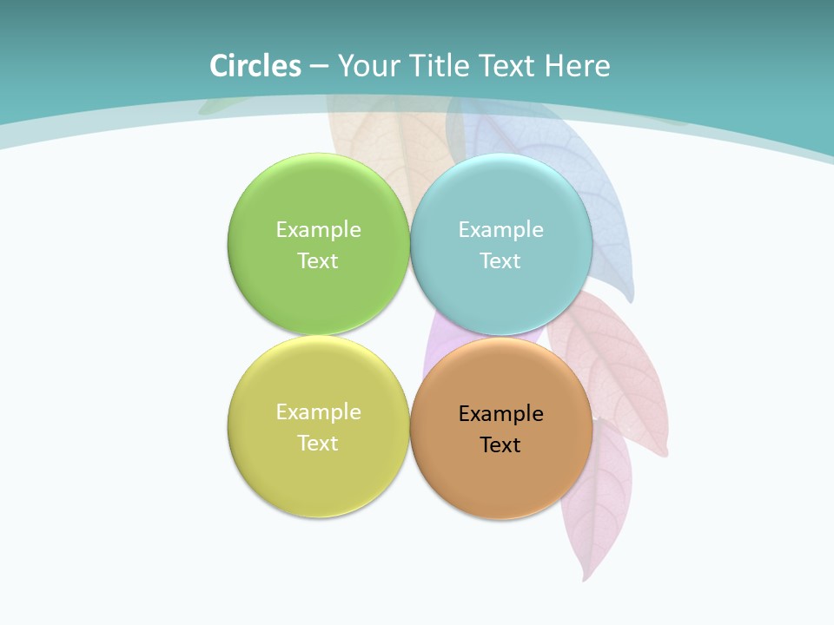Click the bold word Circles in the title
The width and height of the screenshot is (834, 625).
pyautogui.click(x=255, y=66)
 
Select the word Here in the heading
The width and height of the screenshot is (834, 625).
pyautogui.click(x=577, y=66)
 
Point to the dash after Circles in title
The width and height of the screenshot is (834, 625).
pyautogui.click(x=318, y=67)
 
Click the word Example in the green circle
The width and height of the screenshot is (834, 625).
pyautogui.click(x=318, y=230)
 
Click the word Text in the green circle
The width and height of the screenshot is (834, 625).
pyautogui.click(x=318, y=261)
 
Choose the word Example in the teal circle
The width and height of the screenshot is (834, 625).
pyautogui.click(x=500, y=230)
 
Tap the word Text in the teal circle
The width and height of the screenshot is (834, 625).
pyautogui.click(x=500, y=261)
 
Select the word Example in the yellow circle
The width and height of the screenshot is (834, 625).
pyautogui.click(x=318, y=412)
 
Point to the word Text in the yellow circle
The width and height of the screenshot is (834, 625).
pyautogui.click(x=318, y=444)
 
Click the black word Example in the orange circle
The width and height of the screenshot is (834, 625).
pyautogui.click(x=500, y=414)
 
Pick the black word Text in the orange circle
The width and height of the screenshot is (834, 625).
pyautogui.click(x=500, y=445)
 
